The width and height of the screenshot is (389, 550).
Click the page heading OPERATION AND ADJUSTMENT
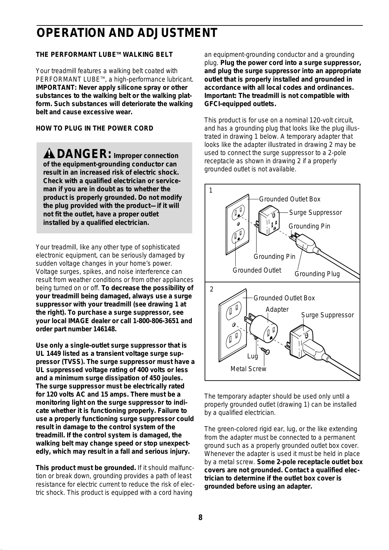[x=127, y=33]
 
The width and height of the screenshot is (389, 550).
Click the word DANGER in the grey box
[x=85, y=153]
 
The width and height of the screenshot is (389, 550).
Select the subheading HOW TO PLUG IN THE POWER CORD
[x=94, y=128]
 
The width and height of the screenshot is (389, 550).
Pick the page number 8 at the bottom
[x=200, y=518]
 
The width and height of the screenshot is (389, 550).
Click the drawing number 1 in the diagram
[x=211, y=190]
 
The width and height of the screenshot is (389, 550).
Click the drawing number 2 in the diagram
[x=212, y=290]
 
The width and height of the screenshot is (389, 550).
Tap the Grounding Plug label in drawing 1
[x=317, y=274]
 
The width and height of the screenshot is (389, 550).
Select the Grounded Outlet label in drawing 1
[x=257, y=270]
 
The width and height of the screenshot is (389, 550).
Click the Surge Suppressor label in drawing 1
[x=315, y=213]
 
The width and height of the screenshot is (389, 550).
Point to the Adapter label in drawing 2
[x=277, y=309]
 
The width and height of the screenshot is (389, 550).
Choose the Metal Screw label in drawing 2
[x=248, y=369]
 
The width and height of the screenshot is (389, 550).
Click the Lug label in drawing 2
[x=253, y=356]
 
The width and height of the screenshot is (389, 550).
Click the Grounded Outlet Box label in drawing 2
[x=284, y=298]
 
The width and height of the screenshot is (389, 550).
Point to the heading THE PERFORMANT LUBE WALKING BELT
[x=104, y=55]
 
